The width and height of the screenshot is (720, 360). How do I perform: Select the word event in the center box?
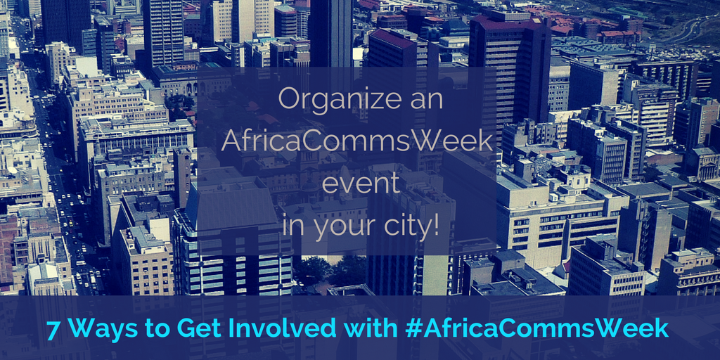click(x=361, y=185)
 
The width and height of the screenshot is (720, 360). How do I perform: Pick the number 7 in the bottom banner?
click(x=53, y=329)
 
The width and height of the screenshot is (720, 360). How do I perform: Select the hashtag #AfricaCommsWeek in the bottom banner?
click(x=536, y=329)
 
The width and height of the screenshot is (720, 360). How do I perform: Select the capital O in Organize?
click(x=289, y=100)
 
